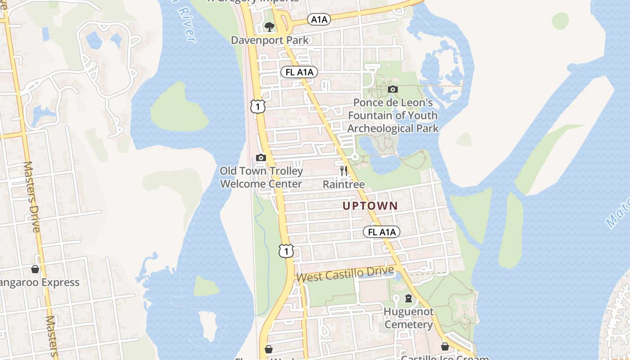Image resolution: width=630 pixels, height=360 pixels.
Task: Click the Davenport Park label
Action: point(270,40)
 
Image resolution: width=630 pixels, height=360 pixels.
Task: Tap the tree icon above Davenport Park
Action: point(269,27)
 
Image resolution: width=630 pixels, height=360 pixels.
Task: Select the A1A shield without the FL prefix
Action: point(319,19)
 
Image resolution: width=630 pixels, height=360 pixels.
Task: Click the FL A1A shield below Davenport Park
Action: point(299,72)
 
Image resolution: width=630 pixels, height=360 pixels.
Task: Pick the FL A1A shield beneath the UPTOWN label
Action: point(382,232)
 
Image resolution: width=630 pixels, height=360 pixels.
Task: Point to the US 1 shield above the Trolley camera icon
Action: point(258,107)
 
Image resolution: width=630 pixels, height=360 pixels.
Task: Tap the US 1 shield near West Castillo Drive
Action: point(286,251)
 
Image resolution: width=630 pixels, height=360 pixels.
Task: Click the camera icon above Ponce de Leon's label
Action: point(392,89)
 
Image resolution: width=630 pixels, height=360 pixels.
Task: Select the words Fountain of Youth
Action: point(392,116)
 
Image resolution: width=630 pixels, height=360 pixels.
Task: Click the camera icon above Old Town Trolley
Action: point(261,157)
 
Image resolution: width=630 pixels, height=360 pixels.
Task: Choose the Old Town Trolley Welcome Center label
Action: point(261,177)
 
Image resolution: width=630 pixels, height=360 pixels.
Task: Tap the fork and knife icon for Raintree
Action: point(344,171)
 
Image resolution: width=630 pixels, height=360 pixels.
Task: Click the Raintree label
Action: point(344,184)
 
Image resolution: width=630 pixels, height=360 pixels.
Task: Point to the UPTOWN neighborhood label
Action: point(370,206)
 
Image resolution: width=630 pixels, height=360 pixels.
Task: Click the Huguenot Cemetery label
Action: point(409,318)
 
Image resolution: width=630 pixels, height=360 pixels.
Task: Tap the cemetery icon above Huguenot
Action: point(409,298)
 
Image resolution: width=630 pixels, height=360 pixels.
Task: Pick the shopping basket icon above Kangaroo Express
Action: point(35,269)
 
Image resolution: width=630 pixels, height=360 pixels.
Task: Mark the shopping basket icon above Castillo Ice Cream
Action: point(445,346)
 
